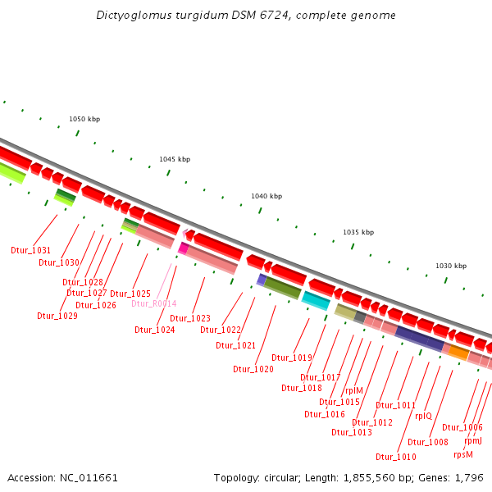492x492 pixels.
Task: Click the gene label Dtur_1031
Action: click(30, 250)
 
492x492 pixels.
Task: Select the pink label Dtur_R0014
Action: click(153, 303)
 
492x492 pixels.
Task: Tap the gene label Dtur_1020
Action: click(253, 369)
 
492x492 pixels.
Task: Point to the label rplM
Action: click(353, 391)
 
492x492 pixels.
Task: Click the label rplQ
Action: click(423, 416)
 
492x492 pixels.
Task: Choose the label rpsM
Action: click(463, 454)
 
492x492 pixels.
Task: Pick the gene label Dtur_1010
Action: click(396, 457)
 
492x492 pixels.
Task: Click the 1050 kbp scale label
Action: click(84, 119)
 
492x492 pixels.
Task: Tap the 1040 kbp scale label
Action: click(266, 197)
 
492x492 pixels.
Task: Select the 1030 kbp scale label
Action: click(450, 266)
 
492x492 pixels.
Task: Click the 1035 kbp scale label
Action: click(358, 233)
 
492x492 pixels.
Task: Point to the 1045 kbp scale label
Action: click(175, 159)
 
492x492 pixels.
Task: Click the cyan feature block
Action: click(316, 300)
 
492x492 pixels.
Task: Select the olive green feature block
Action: click(283, 287)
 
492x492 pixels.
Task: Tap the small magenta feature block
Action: click(184, 248)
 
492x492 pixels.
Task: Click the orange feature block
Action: click(458, 353)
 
